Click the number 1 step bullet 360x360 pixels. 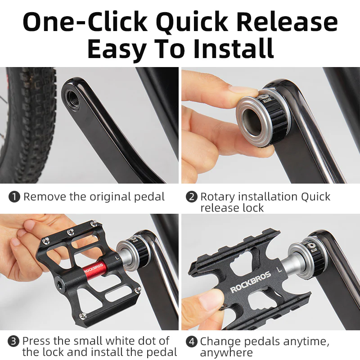coord(15,197)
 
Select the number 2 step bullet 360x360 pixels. coord(192,197)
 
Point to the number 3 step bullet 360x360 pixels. coord(15,341)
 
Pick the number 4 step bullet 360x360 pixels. coord(192,341)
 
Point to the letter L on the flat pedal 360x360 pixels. coord(279,270)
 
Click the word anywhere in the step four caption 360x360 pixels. coord(226,352)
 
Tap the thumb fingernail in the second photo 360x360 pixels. coord(237,89)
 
